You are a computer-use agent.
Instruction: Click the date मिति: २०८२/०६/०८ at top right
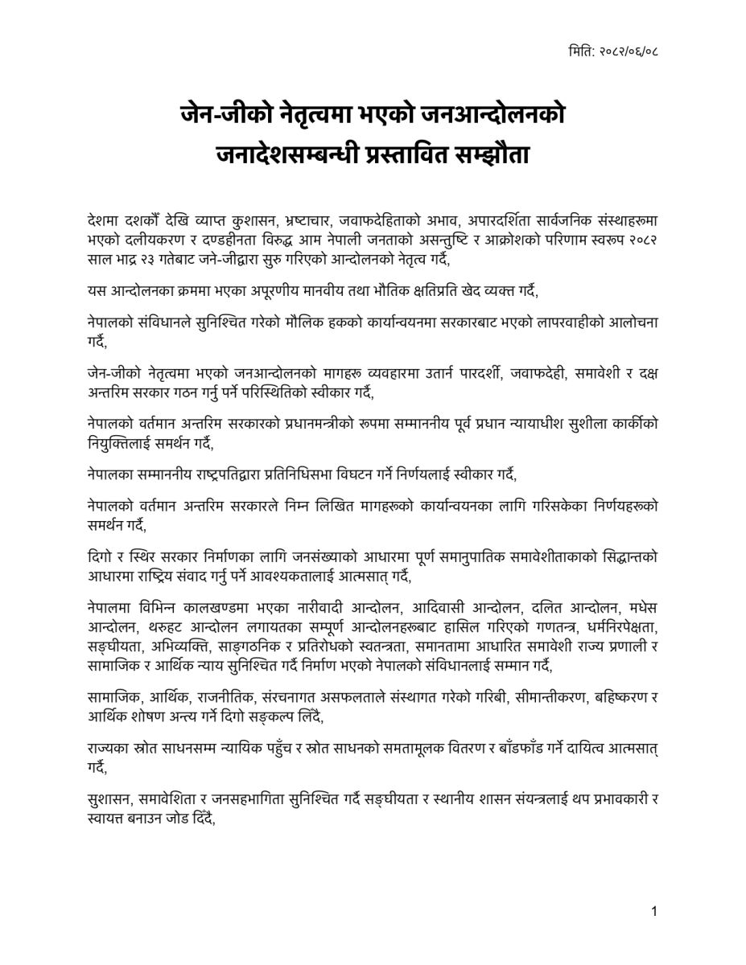(x=612, y=52)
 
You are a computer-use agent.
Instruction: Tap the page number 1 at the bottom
(x=655, y=911)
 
